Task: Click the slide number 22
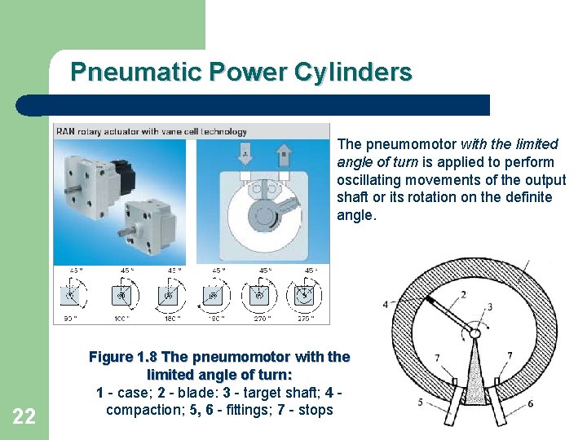[24, 416]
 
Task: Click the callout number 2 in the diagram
[463, 295]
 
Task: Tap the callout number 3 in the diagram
[489, 307]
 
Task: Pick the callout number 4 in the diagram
[386, 305]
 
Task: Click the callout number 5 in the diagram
[421, 403]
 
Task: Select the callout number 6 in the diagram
[530, 403]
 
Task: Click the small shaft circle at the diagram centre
[475, 333]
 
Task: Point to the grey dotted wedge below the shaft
[475, 375]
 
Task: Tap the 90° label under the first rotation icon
[68, 319]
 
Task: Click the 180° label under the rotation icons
[172, 319]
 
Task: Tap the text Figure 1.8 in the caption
[123, 357]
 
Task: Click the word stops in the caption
[316, 409]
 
